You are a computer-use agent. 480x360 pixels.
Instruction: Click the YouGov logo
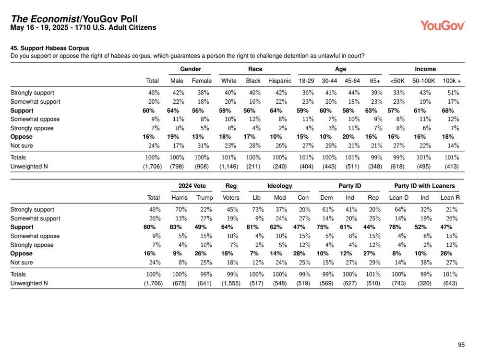[443, 25]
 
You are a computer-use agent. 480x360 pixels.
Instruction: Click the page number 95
[461, 345]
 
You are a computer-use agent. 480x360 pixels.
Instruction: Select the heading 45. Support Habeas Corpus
[49, 48]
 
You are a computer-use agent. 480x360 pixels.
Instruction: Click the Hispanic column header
[279, 81]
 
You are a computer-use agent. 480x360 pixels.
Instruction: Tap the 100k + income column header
[452, 81]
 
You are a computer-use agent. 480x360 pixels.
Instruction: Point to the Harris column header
[180, 197]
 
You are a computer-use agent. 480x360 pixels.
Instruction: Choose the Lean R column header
[450, 197]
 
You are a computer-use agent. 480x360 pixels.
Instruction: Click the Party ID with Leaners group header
[424, 185]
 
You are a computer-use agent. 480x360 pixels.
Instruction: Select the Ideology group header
[280, 186]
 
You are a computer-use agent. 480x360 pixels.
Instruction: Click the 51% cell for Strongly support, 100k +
[453, 93]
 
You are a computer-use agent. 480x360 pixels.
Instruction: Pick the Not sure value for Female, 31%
[203, 145]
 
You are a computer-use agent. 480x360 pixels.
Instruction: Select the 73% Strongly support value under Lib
[258, 209]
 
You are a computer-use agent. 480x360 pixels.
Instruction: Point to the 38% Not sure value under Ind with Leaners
[426, 263]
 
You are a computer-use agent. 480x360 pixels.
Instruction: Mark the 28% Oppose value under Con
[299, 253]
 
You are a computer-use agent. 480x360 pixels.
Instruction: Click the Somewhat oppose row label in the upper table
[35, 119]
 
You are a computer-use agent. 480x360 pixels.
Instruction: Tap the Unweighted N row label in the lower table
[29, 283]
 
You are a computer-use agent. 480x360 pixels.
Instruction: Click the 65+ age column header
[375, 81]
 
